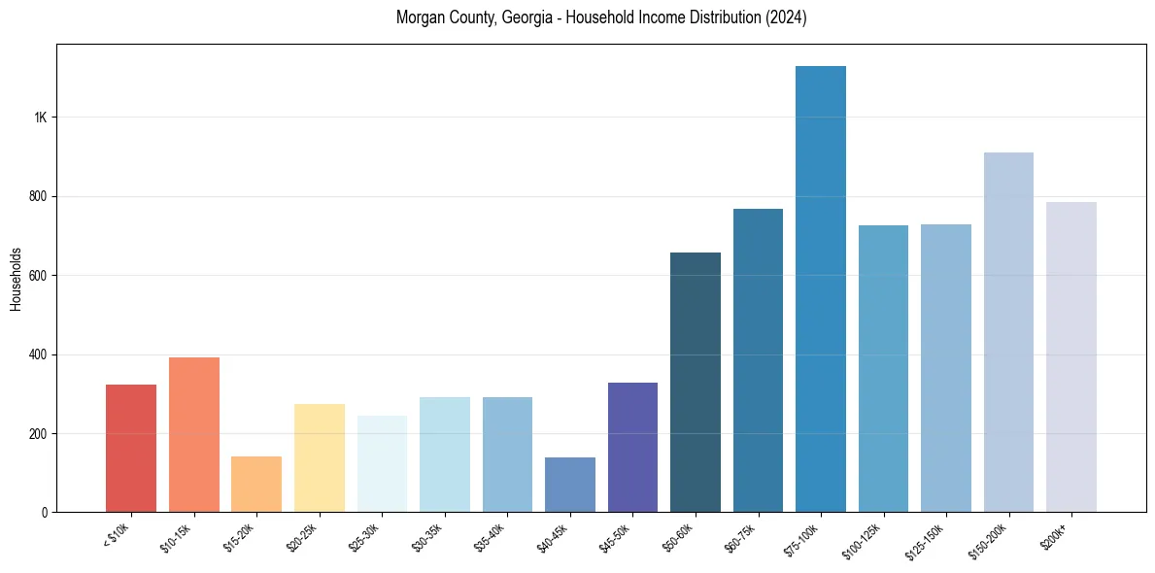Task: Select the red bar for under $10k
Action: coord(131,448)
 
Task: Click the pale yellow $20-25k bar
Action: coord(320,457)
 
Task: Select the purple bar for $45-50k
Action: coord(632,447)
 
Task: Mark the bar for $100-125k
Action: coord(883,368)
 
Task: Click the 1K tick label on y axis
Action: coord(40,118)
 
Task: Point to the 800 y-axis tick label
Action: coord(37,196)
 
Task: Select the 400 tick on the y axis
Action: coord(37,354)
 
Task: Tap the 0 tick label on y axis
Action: coord(44,512)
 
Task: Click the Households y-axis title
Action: coord(16,278)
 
